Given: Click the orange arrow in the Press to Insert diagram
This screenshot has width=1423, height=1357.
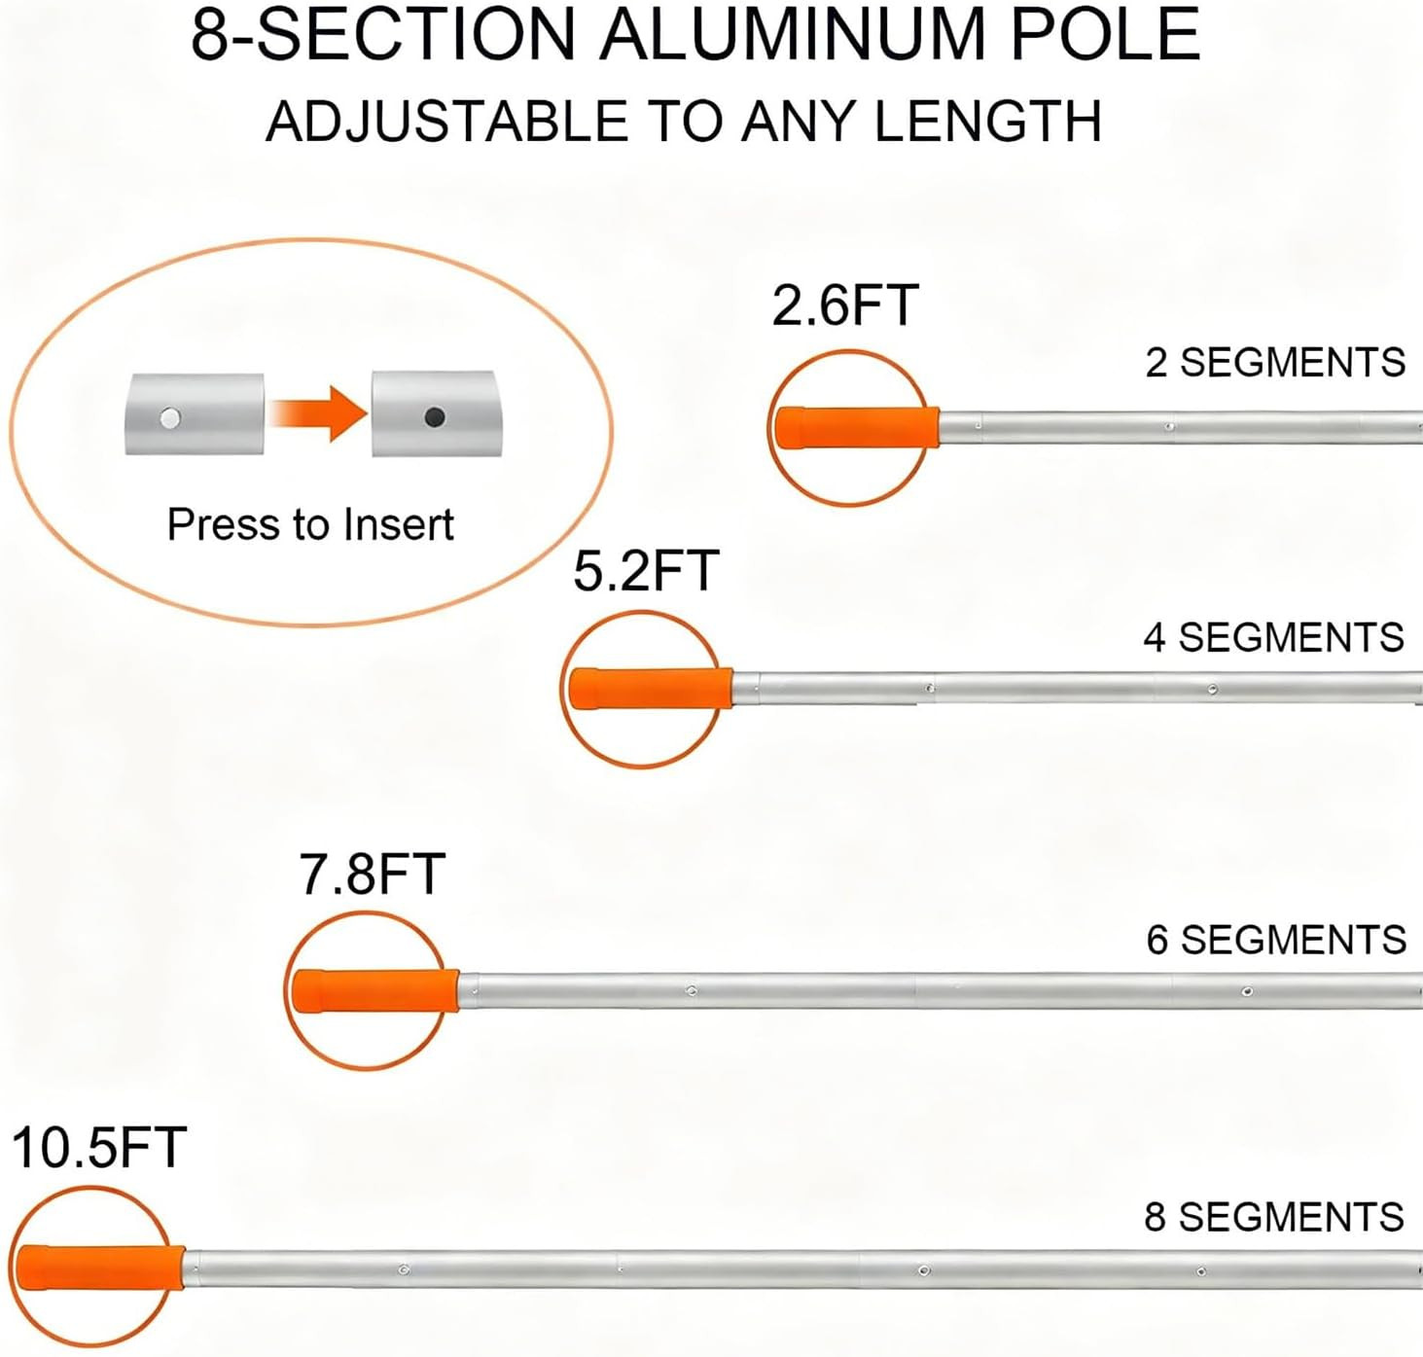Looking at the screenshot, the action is coord(318,413).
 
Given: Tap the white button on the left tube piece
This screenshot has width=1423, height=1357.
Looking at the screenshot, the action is coord(171,418).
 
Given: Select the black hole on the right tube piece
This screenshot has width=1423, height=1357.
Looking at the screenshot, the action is coord(434,417).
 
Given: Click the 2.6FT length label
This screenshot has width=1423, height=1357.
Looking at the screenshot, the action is coord(845,305).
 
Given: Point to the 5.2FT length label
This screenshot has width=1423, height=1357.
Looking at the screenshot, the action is coord(647,571).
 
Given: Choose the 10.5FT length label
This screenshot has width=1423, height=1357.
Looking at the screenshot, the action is coord(99,1148).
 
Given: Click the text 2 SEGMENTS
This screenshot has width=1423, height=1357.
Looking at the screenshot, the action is coord(1275,362).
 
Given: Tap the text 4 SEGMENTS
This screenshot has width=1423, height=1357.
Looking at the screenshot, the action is coord(1274,637).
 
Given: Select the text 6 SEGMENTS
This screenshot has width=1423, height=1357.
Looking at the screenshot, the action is coord(1276,940).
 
